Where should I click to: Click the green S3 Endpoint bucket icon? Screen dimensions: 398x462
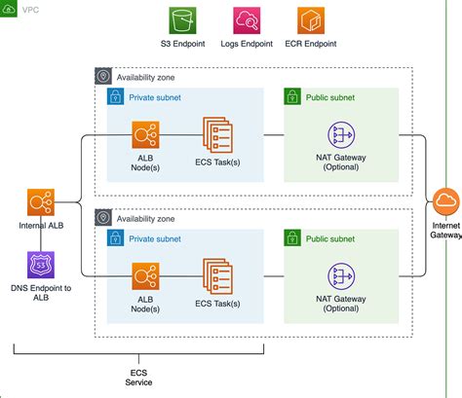(183, 21)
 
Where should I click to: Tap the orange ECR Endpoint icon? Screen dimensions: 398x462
(312, 21)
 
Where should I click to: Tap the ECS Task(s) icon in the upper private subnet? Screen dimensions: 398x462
(217, 134)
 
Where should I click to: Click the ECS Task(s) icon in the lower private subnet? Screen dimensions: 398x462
(217, 274)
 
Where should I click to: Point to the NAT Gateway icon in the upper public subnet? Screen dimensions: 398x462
(340, 134)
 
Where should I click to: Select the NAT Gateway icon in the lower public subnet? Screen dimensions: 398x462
(340, 274)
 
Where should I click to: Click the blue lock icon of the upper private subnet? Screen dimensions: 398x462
(114, 97)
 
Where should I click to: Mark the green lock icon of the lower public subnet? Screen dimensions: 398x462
(292, 236)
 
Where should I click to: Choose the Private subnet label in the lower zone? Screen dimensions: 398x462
(156, 236)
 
